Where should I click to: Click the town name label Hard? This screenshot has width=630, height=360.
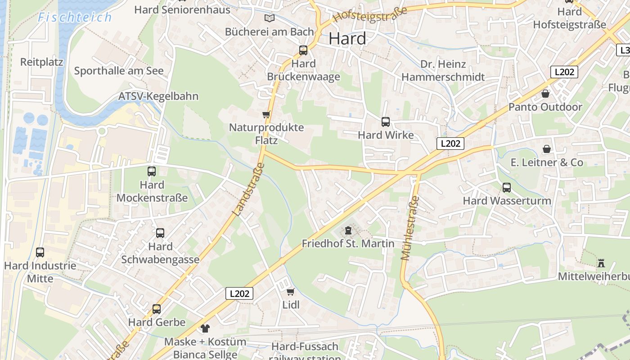tap(347, 39)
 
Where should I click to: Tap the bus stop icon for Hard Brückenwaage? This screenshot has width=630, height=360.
tap(303, 50)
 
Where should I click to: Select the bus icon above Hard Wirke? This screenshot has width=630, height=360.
tap(386, 121)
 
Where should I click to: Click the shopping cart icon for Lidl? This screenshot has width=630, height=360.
tap(291, 292)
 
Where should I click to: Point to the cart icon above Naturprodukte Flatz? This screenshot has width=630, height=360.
tap(266, 114)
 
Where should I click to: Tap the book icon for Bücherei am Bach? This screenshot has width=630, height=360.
tap(269, 18)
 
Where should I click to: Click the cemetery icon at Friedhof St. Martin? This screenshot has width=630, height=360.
tap(348, 231)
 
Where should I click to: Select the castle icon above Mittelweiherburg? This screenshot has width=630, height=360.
tap(601, 263)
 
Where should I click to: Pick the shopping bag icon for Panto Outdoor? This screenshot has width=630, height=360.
tap(545, 94)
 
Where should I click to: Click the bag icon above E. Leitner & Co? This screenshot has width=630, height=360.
tap(547, 149)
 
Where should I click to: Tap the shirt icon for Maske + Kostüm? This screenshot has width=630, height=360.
tap(206, 328)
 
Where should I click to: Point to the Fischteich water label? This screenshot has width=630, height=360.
tap(75, 18)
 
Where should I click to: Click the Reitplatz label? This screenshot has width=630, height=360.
tap(42, 62)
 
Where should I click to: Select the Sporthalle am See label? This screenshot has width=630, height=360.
tap(119, 71)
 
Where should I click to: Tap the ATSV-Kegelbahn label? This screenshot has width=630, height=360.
tap(158, 96)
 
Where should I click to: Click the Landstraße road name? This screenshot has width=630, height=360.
tap(248, 189)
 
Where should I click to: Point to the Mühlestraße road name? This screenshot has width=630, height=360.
tap(409, 228)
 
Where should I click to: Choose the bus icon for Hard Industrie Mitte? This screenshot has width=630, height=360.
tap(40, 252)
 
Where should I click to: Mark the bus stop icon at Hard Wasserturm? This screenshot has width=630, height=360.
tap(507, 188)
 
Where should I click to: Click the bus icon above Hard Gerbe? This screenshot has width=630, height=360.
tap(157, 309)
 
